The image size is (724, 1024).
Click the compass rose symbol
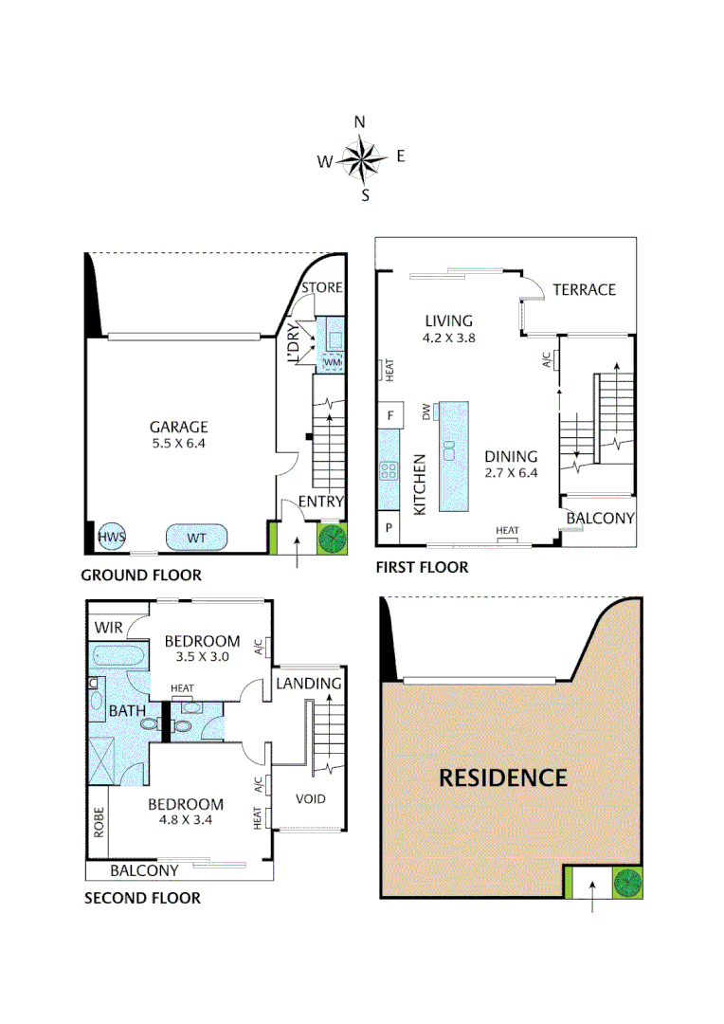(360, 159)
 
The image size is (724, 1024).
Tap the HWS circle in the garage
(112, 538)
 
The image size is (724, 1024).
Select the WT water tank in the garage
(197, 538)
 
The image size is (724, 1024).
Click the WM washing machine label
(333, 362)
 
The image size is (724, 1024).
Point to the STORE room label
(322, 287)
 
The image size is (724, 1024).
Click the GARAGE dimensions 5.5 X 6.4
(177, 443)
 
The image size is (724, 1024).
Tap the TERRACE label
(585, 289)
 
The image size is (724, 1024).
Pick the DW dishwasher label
(427, 411)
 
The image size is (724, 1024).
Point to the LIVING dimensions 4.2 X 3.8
(448, 337)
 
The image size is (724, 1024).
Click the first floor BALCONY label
(600, 519)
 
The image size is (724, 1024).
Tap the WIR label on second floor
(106, 627)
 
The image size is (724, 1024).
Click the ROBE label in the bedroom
(98, 824)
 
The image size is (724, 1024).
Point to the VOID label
(310, 798)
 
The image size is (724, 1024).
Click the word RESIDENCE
(502, 778)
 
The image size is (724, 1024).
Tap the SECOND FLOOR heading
(142, 898)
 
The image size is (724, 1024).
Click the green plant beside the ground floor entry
(333, 539)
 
